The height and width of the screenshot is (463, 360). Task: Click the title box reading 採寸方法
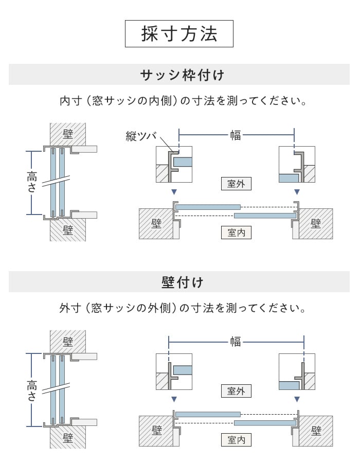pos(179,33)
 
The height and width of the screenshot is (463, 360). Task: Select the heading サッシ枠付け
pos(182,75)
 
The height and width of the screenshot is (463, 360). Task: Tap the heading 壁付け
pos(182,282)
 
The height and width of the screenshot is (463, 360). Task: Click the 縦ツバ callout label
pos(141,136)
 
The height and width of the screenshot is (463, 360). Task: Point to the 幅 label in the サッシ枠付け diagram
pos(236,135)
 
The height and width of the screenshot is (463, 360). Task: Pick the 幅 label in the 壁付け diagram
pos(236,342)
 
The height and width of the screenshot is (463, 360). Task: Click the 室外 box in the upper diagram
pos(236,184)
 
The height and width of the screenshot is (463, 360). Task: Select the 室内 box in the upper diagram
pos(236,233)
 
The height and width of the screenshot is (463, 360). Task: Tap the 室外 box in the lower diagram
pos(236,391)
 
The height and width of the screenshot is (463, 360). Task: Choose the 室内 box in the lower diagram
pos(236,440)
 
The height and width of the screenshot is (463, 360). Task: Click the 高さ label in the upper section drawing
pos(32,182)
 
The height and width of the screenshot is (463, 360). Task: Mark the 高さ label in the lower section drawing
pos(32,389)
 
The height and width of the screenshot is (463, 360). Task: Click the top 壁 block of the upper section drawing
pos(68,134)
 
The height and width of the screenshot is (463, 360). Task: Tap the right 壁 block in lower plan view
pos(316,431)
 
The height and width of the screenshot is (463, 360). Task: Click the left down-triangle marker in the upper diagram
pos(174,192)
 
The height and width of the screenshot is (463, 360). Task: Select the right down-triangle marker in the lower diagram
pos(297,399)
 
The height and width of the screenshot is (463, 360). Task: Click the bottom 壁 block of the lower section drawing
pos(68,437)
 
